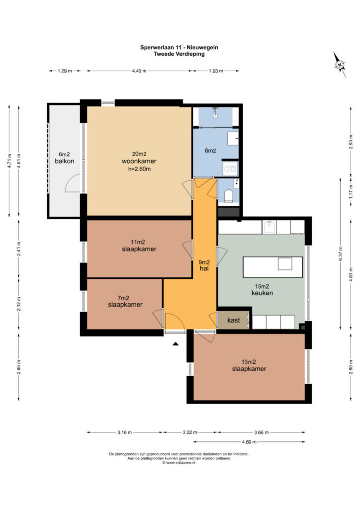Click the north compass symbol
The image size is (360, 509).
pyautogui.click(x=340, y=65)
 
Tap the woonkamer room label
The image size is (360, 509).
pyautogui.click(x=139, y=161)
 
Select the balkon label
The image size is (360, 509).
pyautogui.click(x=64, y=161)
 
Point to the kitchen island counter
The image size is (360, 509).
pyautogui.click(x=272, y=267)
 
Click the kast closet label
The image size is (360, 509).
pyautogui.click(x=233, y=320)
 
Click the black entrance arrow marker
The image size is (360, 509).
pyautogui.click(x=176, y=344)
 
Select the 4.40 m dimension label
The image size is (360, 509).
pyautogui.click(x=139, y=71)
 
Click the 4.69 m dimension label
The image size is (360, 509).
pyautogui.click(x=249, y=442)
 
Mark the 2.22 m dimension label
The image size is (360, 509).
pyautogui.click(x=190, y=432)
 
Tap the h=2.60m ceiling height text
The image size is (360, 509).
pyautogui.click(x=139, y=169)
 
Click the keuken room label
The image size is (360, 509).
pyautogui.click(x=262, y=293)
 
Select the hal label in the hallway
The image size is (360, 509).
pyautogui.click(x=204, y=268)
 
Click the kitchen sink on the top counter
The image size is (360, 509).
pyautogui.click(x=269, y=227)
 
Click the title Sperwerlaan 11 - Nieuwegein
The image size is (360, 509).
pyautogui.click(x=179, y=47)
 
